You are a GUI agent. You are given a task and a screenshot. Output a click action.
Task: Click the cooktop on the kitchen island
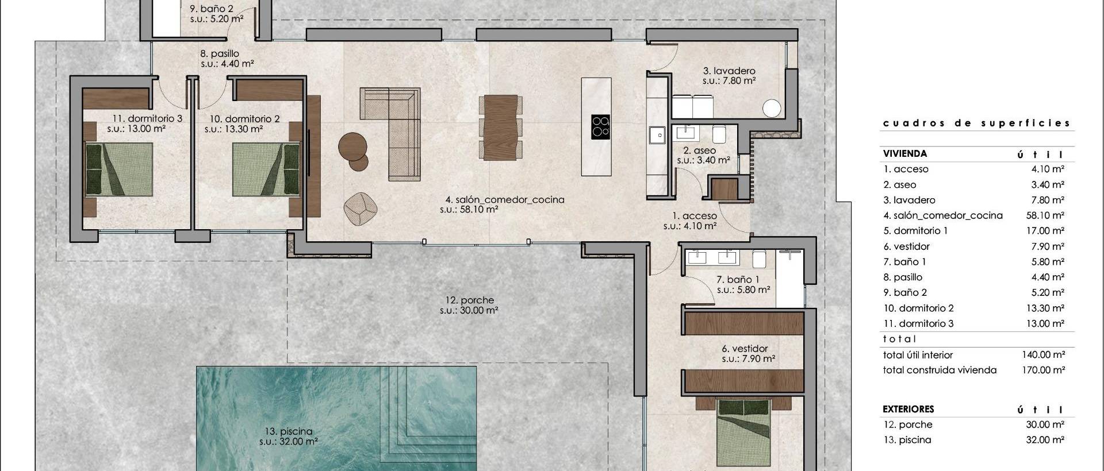pyautogui.click(x=601, y=126)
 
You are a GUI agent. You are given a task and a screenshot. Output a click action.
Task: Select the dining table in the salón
pyautogui.click(x=500, y=126)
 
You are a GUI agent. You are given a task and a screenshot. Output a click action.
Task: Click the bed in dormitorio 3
pyautogui.click(x=120, y=170)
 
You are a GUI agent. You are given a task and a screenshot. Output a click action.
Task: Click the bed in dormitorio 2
pyautogui.click(x=266, y=170)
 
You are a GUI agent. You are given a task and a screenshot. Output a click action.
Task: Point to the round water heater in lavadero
pyautogui.click(x=772, y=109)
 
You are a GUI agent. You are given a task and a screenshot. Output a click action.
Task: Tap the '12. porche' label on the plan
pyautogui.click(x=469, y=300)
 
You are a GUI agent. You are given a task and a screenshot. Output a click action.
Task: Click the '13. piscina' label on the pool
pyautogui.click(x=289, y=431)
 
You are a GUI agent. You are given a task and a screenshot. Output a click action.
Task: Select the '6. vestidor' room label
pyautogui.click(x=745, y=349)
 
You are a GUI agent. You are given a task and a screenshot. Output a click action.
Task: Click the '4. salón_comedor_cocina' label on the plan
pyautogui.click(x=504, y=200)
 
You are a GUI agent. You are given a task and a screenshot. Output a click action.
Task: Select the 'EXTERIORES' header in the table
pyautogui.click(x=908, y=409)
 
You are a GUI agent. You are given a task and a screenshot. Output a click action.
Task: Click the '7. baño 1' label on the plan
pyautogui.click(x=738, y=280)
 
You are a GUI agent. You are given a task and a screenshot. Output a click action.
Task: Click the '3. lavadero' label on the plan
pyautogui.click(x=729, y=71)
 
